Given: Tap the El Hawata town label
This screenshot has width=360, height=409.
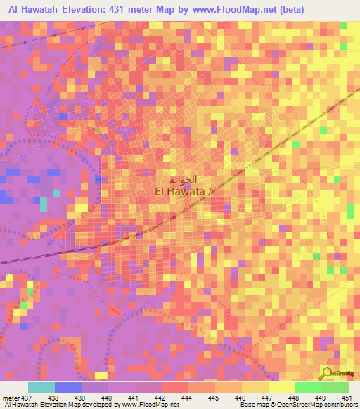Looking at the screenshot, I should point(181,190).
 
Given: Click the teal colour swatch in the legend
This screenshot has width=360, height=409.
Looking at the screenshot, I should point(41,387).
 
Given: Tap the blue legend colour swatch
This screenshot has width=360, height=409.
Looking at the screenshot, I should point(68,387).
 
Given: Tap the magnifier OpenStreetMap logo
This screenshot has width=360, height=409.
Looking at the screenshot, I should point(328,372).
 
